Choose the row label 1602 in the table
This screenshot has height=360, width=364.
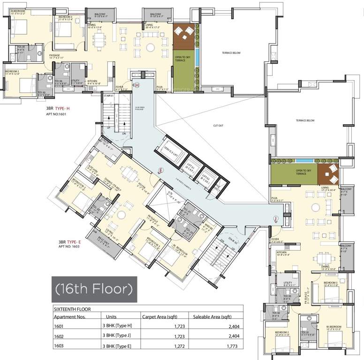click(x=58, y=336)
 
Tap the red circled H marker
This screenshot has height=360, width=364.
click(x=137, y=85)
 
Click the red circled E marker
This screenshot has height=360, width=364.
click(x=160, y=170)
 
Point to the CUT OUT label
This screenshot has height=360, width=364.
click(x=218, y=126)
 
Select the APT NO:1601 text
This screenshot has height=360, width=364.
click(x=57, y=113)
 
